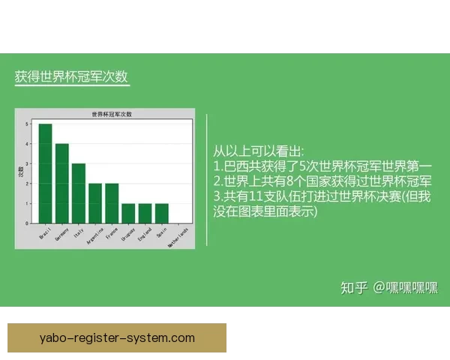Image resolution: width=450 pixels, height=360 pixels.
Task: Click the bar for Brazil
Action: tap(46, 173)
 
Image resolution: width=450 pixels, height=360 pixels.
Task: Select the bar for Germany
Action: tap(62, 183)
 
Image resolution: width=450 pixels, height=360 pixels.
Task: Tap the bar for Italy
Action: tap(79, 193)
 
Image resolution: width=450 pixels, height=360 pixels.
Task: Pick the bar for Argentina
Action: tap(95, 203)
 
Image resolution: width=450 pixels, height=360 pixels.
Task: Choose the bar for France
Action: tap(112, 203)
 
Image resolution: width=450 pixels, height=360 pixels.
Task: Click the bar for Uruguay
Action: tap(128, 213)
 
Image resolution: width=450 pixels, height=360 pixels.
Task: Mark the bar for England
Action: tap(145, 213)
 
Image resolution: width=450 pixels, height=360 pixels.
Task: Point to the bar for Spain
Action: tap(161, 213)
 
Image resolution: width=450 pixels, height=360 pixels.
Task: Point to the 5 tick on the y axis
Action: tap(27, 124)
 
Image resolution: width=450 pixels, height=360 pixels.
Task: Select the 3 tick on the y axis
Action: tap(27, 163)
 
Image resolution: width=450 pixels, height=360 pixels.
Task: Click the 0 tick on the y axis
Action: tap(27, 223)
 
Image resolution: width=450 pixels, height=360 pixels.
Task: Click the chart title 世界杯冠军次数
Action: tap(111, 114)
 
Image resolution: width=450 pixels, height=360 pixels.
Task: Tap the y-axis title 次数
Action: tap(20, 172)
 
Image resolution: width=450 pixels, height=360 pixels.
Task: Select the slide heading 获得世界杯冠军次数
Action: tap(71, 77)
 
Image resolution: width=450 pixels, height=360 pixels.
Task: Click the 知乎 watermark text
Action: tap(354, 288)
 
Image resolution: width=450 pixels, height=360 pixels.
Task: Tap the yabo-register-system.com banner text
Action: tap(116, 337)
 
